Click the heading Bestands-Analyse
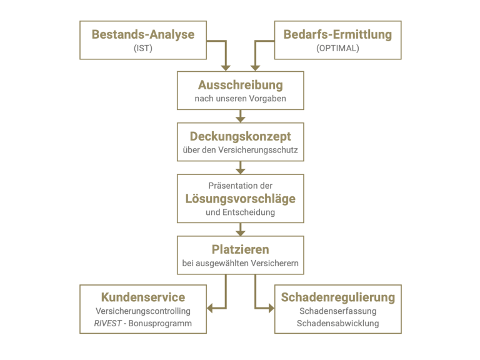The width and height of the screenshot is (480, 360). (143, 34)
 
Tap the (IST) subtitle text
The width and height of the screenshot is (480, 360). (143, 48)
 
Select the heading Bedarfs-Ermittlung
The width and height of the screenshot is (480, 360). (337, 34)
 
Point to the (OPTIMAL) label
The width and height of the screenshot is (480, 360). (337, 48)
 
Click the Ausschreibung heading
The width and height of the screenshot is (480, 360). (240, 85)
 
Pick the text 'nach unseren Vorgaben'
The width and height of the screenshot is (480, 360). (240, 99)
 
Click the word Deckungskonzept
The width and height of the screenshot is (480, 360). (240, 136)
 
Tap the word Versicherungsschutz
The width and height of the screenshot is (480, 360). (257, 150)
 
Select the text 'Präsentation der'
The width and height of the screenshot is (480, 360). (240, 186)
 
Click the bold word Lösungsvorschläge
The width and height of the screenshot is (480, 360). (240, 199)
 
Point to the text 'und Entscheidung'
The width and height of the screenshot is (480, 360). (240, 212)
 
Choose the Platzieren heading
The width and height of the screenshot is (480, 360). (240, 249)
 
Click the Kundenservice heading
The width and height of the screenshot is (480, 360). (143, 297)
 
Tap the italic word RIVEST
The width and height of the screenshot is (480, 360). (107, 323)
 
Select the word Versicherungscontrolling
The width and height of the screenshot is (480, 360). (143, 311)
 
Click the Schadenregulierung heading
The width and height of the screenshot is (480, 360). (338, 297)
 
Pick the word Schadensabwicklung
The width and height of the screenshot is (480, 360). (338, 323)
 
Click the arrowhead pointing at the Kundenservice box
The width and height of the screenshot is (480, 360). (210, 308)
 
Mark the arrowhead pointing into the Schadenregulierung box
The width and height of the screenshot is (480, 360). (271, 308)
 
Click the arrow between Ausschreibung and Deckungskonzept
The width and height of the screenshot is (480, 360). (240, 116)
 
